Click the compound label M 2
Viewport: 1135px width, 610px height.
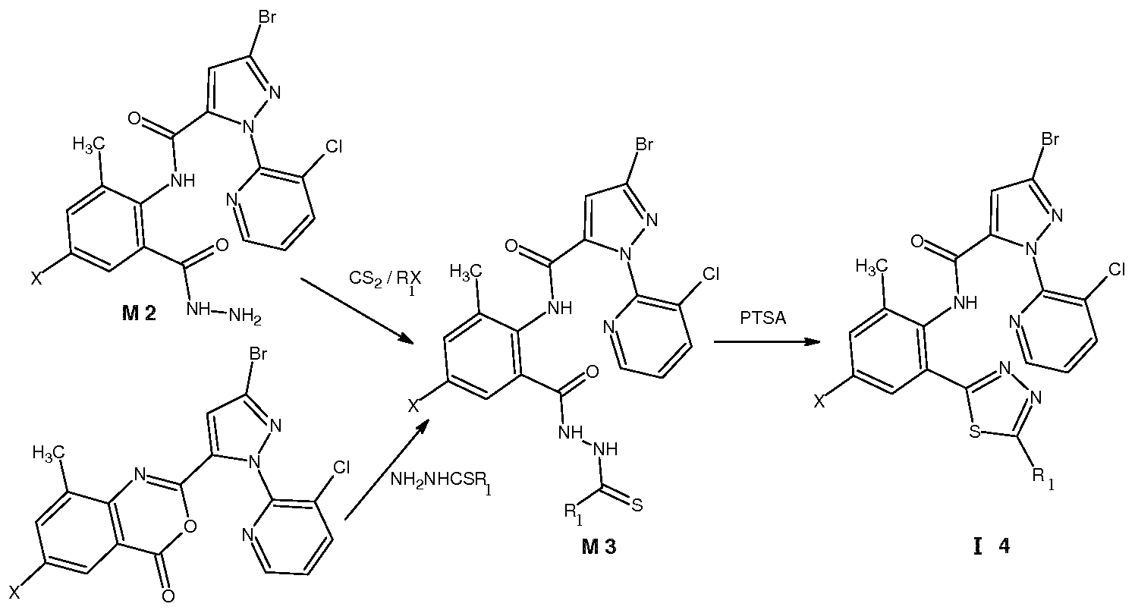(139, 314)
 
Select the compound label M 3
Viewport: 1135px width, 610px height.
(599, 547)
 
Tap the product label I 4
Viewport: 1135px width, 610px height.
(992, 547)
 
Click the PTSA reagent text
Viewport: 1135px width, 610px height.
(763, 318)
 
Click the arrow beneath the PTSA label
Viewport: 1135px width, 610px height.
(766, 342)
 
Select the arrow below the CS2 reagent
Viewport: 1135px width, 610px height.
(358, 311)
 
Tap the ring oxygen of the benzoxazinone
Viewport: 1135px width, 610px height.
(190, 527)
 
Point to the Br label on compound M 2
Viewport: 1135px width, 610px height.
(267, 17)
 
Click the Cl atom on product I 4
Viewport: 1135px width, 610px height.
(1116, 269)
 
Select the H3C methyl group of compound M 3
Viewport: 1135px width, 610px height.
(466, 272)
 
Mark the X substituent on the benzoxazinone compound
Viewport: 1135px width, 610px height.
(16, 592)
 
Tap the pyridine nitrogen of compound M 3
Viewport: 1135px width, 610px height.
(609, 327)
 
